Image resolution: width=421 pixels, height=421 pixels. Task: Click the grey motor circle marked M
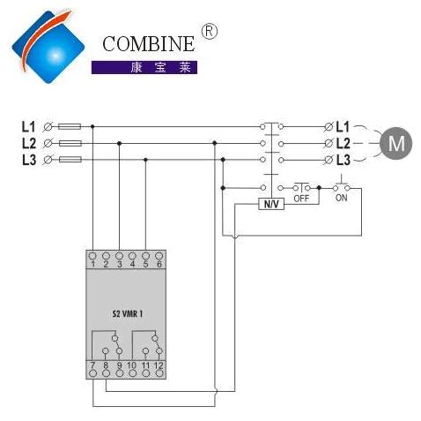point(395,144)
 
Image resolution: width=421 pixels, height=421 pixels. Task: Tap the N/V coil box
point(271,204)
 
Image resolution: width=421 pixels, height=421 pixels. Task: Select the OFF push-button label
point(301,199)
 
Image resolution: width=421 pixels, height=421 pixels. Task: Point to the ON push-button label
point(341,198)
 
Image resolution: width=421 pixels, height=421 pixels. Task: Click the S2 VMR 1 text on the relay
point(128,314)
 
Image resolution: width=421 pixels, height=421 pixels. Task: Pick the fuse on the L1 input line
point(70,126)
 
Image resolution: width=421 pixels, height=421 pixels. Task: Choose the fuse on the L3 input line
point(70,160)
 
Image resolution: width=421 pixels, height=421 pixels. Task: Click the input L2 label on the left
point(29,143)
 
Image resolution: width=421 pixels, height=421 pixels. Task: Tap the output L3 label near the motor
point(343,160)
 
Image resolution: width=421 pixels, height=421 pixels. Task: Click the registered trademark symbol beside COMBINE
point(209,32)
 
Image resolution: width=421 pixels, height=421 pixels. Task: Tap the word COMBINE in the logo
point(149,44)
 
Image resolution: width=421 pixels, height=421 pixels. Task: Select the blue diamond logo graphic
point(48,47)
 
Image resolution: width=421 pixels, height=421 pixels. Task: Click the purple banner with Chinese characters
point(144,67)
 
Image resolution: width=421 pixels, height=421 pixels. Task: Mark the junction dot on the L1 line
point(92,126)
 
